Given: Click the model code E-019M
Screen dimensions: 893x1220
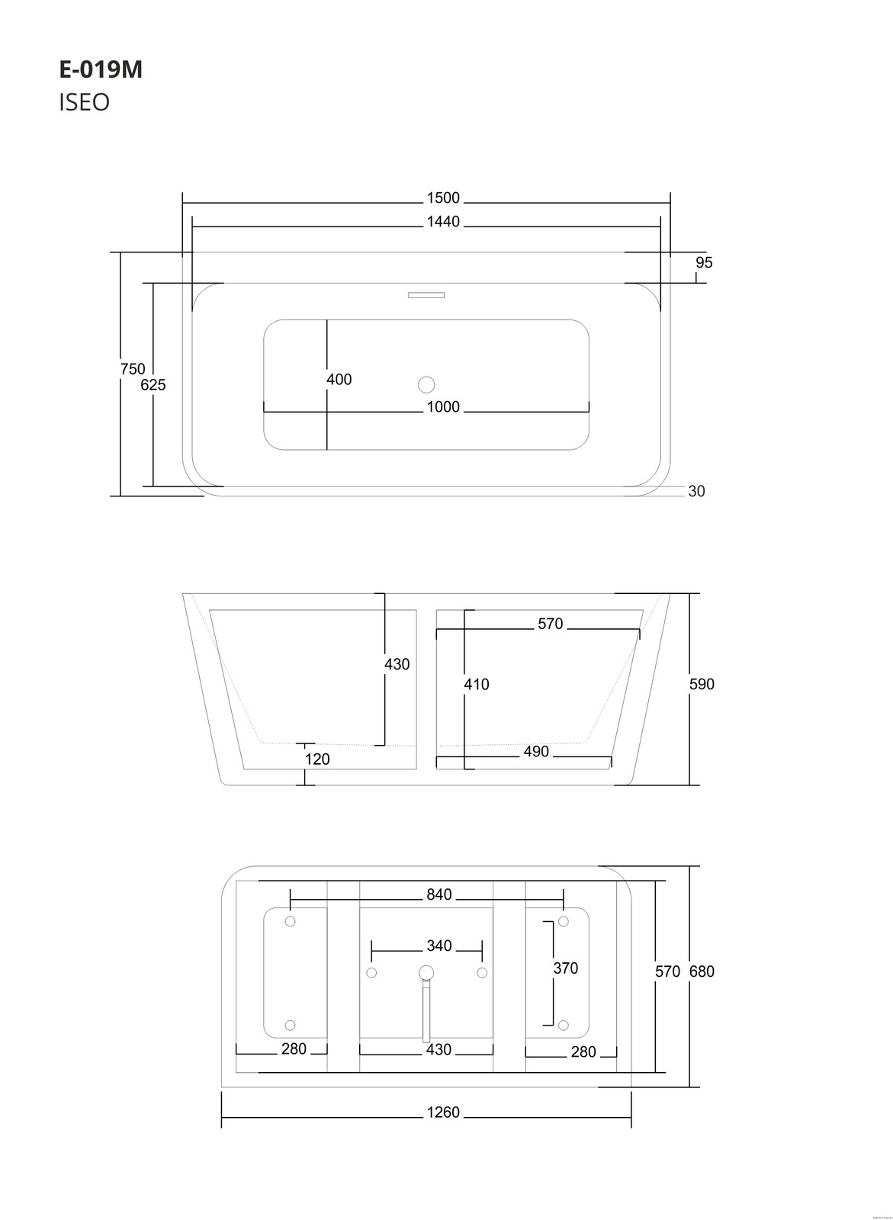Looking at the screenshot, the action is point(101,69).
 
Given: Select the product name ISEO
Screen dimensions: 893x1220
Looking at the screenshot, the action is point(84,102).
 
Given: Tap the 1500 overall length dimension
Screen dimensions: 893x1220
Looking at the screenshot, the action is point(443,198).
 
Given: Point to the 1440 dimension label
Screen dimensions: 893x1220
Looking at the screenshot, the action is point(443,222).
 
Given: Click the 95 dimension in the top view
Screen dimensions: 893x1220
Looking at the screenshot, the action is point(704,262).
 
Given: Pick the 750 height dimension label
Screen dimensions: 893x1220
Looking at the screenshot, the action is point(133,369).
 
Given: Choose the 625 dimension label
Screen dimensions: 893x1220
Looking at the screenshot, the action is point(153,385).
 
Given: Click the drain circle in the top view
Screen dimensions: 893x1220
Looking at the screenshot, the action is point(426,384).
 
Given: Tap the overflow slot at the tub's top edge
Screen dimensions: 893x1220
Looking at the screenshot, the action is point(426,294).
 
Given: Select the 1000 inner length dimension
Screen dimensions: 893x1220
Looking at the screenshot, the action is point(443,407).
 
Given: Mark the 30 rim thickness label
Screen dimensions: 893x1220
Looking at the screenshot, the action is point(696,492).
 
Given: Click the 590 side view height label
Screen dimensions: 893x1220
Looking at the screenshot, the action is point(702,684).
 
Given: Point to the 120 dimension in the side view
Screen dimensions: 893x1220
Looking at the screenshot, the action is point(317,759).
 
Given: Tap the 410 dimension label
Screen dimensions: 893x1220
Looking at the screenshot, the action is point(477,685).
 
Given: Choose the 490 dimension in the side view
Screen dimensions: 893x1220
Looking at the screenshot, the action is point(536,752).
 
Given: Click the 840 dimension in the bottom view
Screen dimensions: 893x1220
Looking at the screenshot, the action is point(439,895).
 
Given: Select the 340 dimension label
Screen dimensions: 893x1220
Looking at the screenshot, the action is point(439,946).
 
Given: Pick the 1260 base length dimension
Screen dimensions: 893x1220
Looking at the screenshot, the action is point(443,1112).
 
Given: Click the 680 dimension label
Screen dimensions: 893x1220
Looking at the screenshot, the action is point(702,971).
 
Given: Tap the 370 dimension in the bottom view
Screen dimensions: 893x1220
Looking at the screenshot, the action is point(565,968).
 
